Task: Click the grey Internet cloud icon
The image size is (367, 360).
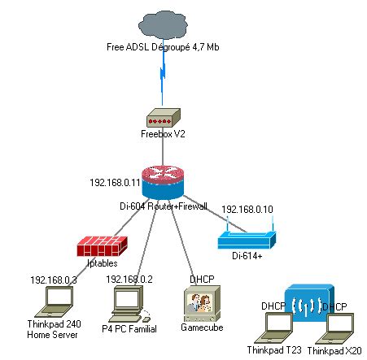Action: (x=163, y=24)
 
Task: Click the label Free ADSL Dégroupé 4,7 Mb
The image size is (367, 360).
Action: (x=163, y=47)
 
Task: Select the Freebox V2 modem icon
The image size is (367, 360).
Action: (x=163, y=117)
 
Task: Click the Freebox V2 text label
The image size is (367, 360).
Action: (x=163, y=134)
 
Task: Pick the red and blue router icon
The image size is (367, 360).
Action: (x=164, y=181)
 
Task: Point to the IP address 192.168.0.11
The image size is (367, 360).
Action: (x=114, y=182)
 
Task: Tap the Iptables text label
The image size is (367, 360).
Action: (x=103, y=263)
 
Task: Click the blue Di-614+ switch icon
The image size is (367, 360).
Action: (x=247, y=239)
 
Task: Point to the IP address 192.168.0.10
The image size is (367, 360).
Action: (x=247, y=208)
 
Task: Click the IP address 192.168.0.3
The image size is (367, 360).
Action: (x=54, y=280)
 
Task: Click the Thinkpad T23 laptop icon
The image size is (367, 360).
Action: (x=273, y=327)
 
